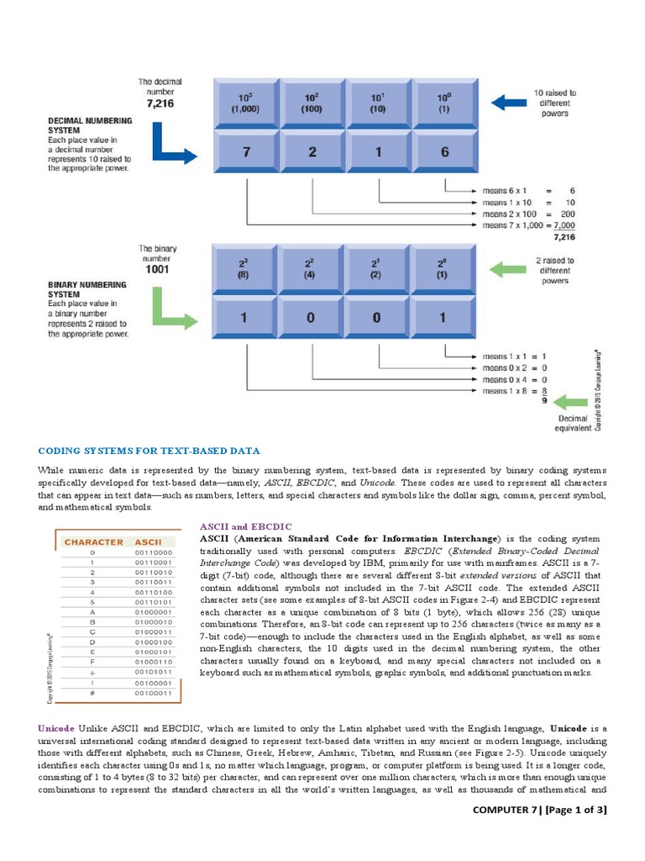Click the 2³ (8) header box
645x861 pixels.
pos(245,269)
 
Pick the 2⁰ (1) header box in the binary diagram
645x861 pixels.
pos(445,269)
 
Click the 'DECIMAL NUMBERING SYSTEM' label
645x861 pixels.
pos(88,126)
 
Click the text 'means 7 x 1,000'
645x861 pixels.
pos(512,225)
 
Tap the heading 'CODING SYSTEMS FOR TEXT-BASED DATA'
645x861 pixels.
pos(149,452)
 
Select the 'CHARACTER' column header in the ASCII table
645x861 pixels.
pos(93,542)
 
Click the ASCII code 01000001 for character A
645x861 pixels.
pos(152,612)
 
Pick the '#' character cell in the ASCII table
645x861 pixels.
pos(93,694)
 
